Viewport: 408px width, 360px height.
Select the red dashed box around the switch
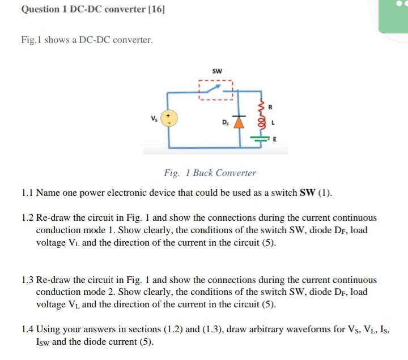point(216,89)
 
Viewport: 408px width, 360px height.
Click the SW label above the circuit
point(216,71)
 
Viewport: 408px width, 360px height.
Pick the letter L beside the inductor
point(273,122)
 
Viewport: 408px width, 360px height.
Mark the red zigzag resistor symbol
point(261,106)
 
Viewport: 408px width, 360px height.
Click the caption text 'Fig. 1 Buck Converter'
point(210,173)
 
